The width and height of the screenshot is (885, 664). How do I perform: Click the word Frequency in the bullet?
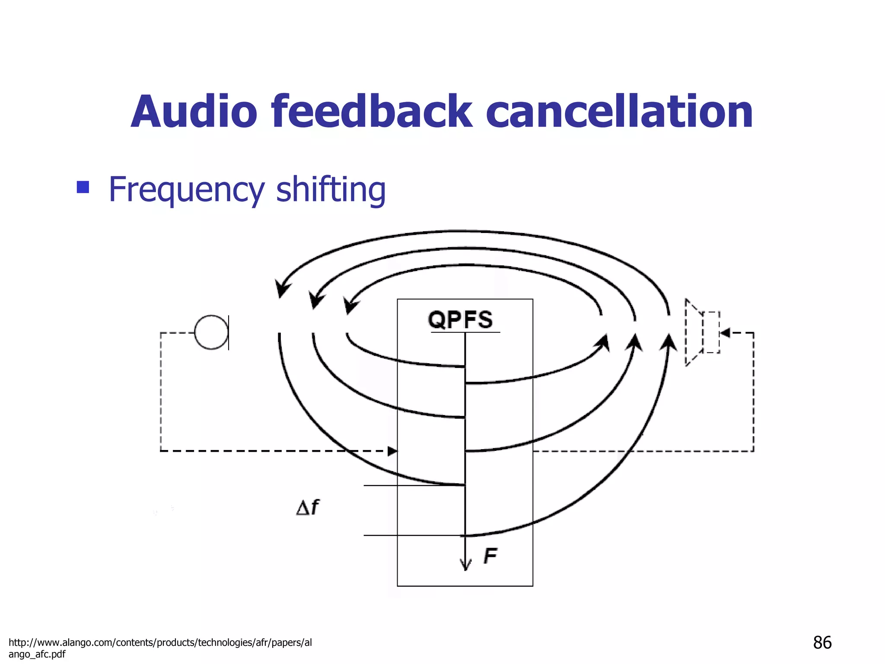point(186,190)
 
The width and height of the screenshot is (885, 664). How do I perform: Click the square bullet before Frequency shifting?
point(83,187)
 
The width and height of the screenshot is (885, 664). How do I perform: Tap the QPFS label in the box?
point(460,320)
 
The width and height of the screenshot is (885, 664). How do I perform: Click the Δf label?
point(308,507)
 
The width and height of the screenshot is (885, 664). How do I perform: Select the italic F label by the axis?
point(490,555)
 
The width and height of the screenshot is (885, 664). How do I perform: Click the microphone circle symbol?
point(211,332)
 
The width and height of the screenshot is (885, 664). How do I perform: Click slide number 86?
point(822,642)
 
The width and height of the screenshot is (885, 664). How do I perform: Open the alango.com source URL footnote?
point(160,648)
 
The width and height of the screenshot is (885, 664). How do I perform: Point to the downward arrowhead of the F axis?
point(465,565)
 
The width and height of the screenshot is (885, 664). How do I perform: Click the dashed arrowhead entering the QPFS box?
point(392,451)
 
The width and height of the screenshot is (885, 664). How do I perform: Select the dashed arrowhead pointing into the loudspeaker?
point(725,332)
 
